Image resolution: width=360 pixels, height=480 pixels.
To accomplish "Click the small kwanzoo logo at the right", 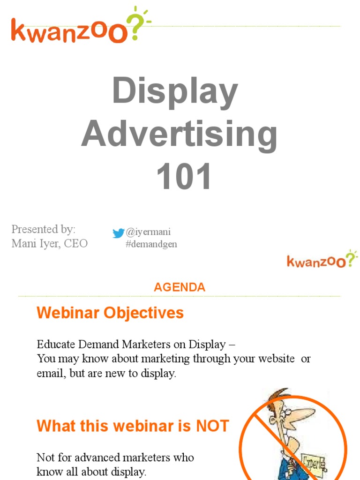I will [x=322, y=260].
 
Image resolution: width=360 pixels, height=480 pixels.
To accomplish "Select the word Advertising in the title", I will [x=179, y=135].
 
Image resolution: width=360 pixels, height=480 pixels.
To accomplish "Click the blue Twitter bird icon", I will [x=119, y=233].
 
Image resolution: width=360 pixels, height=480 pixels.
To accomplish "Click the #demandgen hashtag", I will [x=151, y=244].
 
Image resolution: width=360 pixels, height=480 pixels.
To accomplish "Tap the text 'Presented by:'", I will [x=43, y=230].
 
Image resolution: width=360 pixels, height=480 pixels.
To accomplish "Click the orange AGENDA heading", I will [x=180, y=287].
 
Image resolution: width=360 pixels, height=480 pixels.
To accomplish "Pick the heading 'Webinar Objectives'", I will [x=110, y=313].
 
